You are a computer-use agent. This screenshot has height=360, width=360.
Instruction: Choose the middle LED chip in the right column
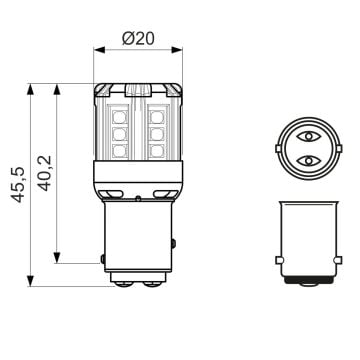157,131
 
